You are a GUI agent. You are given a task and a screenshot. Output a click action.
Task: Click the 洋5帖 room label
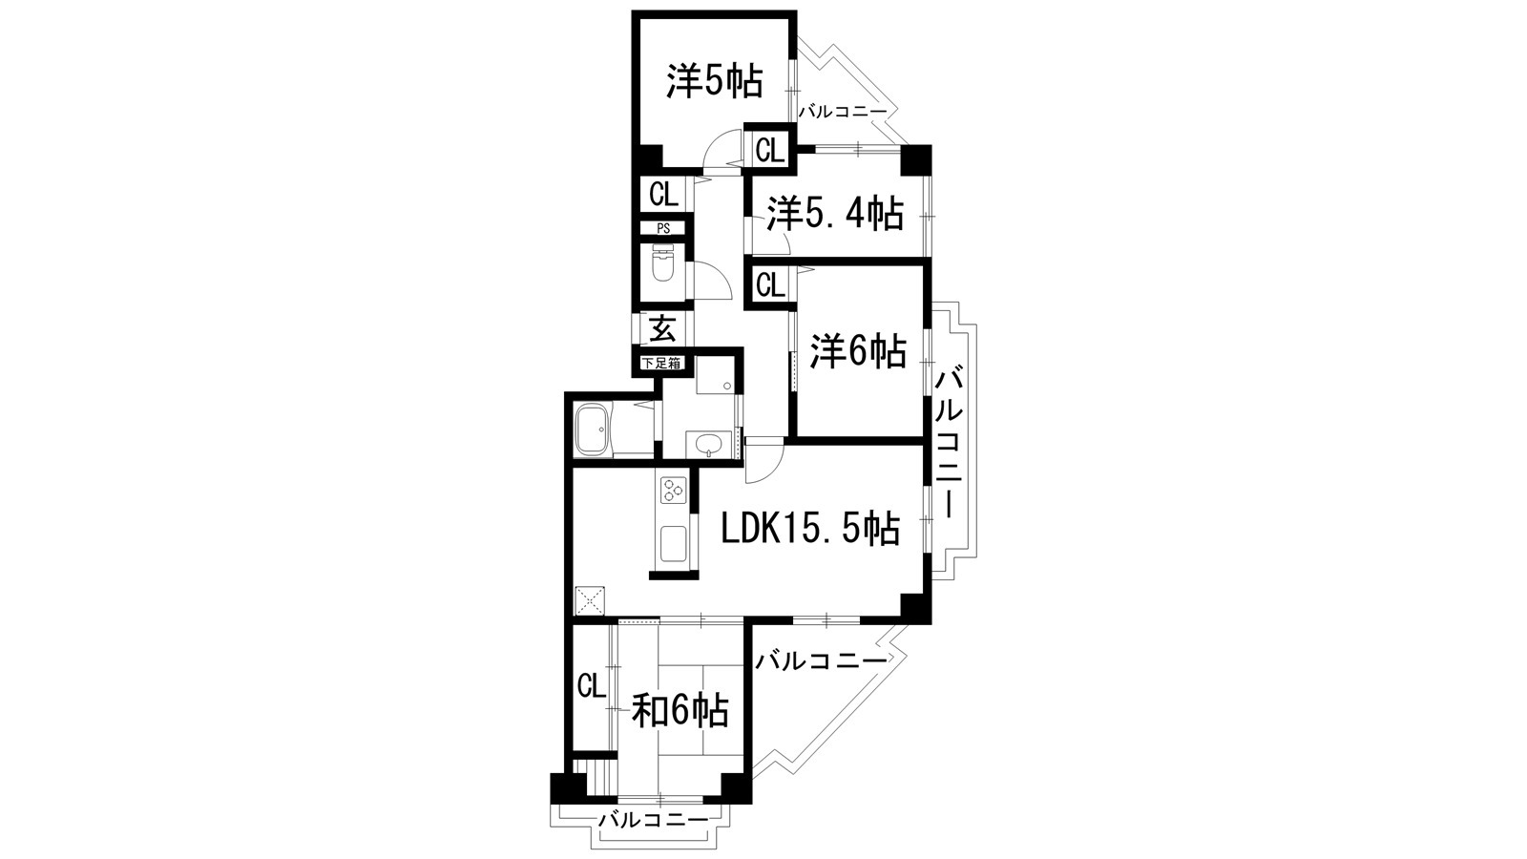point(714,83)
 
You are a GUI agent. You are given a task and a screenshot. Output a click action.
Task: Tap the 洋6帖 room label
point(857,352)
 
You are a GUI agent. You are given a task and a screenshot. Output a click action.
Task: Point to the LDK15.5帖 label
point(809,527)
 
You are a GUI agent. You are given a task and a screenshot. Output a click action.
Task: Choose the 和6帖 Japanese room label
point(681,710)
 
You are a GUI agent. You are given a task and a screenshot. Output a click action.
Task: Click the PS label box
point(662,229)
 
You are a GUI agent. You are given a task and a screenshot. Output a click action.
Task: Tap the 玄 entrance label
point(662,330)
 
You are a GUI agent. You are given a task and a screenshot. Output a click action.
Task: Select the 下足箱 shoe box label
point(660,363)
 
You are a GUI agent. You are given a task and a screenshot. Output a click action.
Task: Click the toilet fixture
point(662,266)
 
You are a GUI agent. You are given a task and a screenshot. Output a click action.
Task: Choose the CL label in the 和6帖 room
point(592,686)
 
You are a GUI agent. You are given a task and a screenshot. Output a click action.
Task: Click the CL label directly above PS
point(663,195)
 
